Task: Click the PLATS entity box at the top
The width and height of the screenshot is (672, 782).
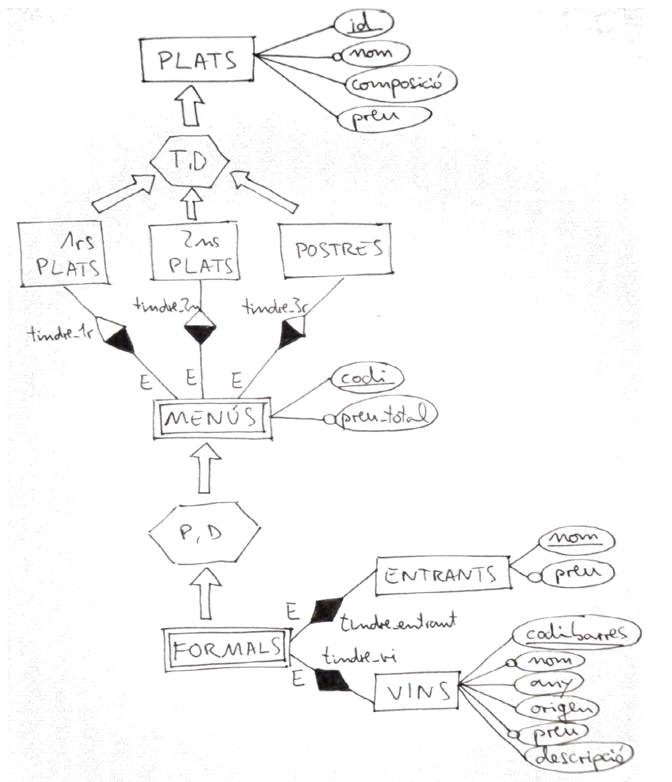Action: coord(197,59)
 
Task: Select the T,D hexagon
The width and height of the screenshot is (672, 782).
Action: coord(190,161)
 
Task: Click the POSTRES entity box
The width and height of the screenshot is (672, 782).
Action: coord(338,249)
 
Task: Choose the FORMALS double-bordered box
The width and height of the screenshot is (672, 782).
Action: coord(227,648)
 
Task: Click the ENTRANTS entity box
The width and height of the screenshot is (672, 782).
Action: coord(442,575)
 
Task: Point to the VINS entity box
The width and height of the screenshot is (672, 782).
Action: coord(417,691)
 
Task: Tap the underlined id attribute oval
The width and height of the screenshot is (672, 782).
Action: coord(363,24)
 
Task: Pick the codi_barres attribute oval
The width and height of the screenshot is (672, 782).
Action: coord(575,632)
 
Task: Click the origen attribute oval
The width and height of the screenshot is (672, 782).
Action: coord(555,708)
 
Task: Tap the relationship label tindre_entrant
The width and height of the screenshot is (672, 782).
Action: coord(397,622)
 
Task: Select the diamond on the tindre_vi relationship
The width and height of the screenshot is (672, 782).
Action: coord(332,680)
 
